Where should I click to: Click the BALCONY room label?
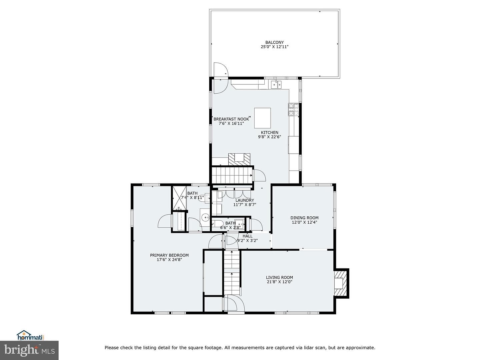pyautogui.click(x=274, y=42)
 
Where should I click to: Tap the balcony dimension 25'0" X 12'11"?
pyautogui.click(x=274, y=47)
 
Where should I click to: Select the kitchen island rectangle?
pyautogui.click(x=262, y=118)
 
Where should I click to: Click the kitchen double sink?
pyautogui.click(x=276, y=84)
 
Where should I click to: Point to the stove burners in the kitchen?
pyautogui.click(x=294, y=109)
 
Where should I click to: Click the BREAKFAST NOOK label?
pyautogui.click(x=231, y=119)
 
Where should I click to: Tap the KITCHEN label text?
pyautogui.click(x=270, y=132)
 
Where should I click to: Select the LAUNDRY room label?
pyautogui.click(x=245, y=200)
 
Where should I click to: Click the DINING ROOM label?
pyautogui.click(x=304, y=218)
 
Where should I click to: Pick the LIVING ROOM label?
pyautogui.click(x=279, y=277)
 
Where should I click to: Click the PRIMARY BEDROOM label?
pyautogui.click(x=169, y=255)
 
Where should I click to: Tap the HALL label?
pyautogui.click(x=248, y=236)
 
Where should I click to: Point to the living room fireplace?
pyautogui.click(x=341, y=283)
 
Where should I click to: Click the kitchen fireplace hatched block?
pyautogui.click(x=239, y=159)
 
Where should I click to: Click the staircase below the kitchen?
pyautogui.click(x=232, y=175)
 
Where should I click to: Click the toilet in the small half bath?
pyautogui.click(x=217, y=224)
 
